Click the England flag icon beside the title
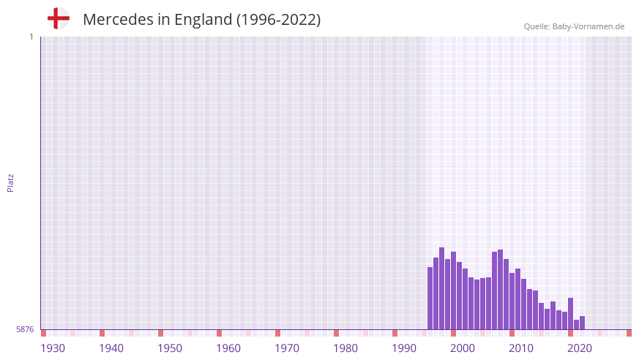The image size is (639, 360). coord(59,19)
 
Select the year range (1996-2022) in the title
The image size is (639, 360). coord(278,20)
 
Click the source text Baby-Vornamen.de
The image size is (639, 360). coord(588,26)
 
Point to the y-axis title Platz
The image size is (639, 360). coord(10,183)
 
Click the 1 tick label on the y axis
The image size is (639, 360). coord(31,37)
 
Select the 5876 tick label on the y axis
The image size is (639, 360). coord(25,330)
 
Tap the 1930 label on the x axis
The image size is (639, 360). coord(53,348)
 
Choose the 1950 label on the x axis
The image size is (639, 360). coord(170,348)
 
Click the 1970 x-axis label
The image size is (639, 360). coord(287,348)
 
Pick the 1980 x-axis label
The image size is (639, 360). coord(345,348)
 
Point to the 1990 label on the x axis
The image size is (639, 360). coord(404,348)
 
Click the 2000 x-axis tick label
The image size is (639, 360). coord(463,348)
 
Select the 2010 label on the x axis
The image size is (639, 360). coord(521,348)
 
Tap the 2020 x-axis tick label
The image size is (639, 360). coord(580,348)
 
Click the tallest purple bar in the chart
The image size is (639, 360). coord(442,289)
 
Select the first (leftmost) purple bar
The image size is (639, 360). coord(430,299)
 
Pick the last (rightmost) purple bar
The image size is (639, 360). coord(583,323)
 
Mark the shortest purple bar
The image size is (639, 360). coord(577,324)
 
